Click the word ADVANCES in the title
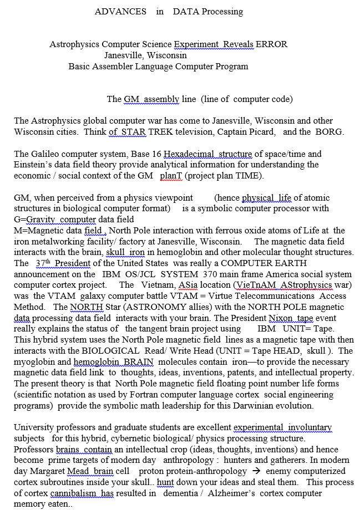coord(120,12)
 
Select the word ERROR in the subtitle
coord(272,44)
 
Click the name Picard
coord(261,132)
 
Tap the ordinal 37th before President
coord(43,263)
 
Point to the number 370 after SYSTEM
coord(220,274)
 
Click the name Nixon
coord(280,318)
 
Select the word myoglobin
coord(35,361)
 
